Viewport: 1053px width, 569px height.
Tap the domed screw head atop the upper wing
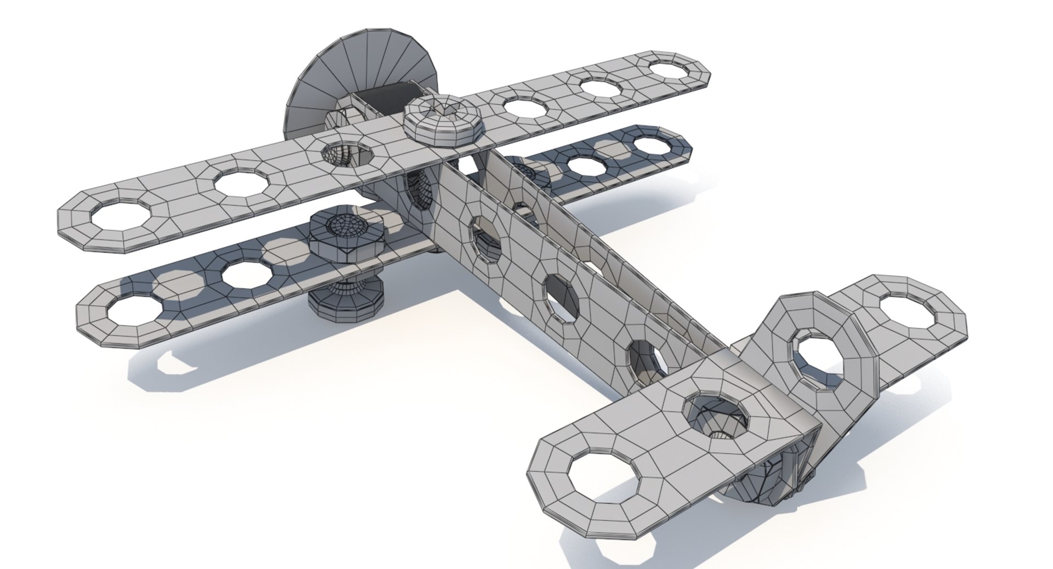pyautogui.click(x=443, y=122)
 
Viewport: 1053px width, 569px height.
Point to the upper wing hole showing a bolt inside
pyautogui.click(x=346, y=154)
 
